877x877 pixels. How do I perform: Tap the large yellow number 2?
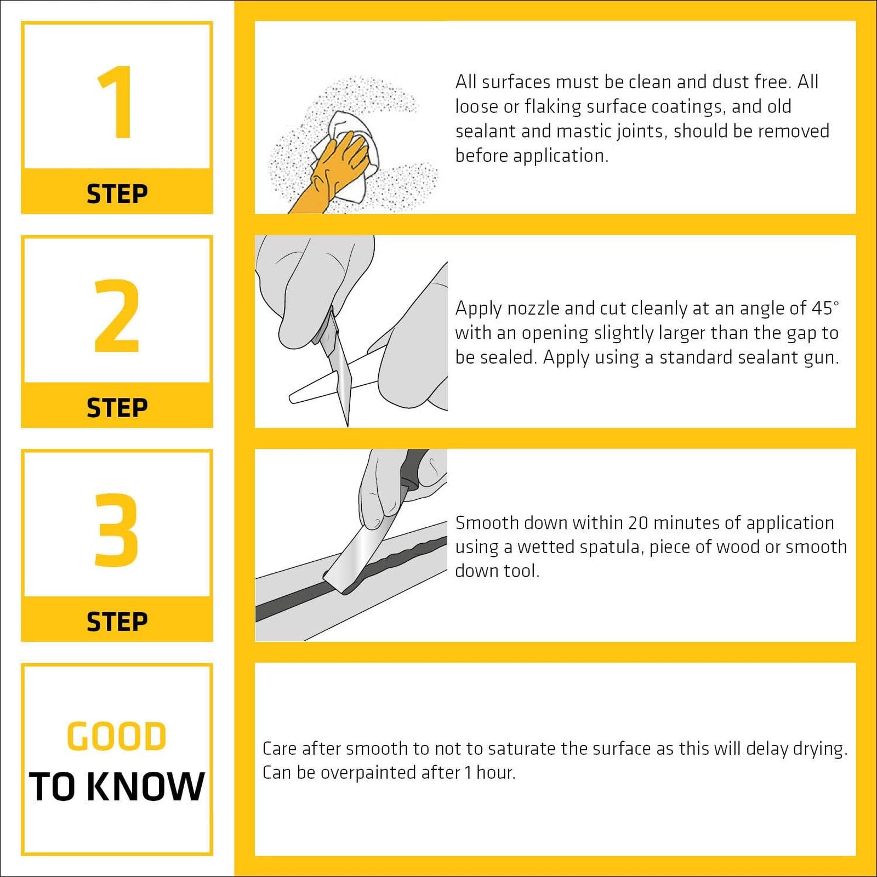click(x=117, y=316)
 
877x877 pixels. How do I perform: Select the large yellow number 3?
click(x=116, y=529)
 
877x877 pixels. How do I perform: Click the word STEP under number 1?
click(x=117, y=194)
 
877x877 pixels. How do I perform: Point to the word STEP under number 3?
click(x=117, y=622)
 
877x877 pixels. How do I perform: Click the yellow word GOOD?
click(x=117, y=736)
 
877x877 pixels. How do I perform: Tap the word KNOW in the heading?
click(x=146, y=787)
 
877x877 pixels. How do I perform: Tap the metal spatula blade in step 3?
click(x=359, y=554)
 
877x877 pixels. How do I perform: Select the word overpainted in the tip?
click(x=390, y=773)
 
